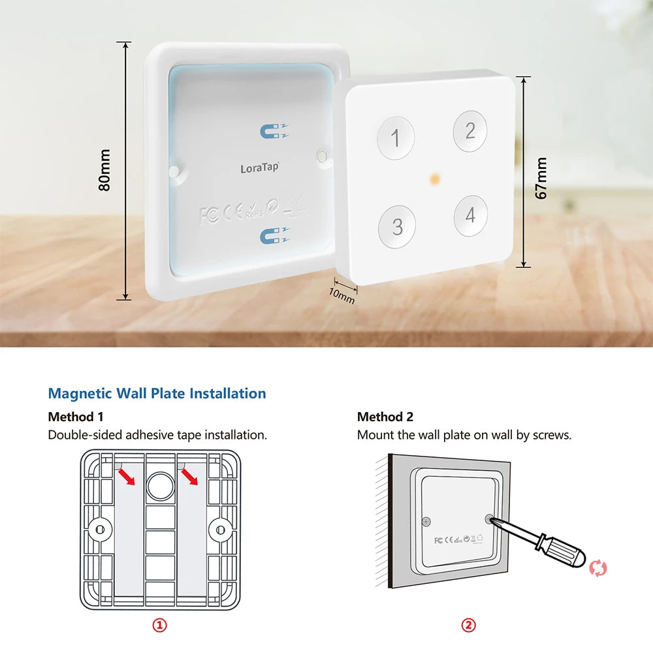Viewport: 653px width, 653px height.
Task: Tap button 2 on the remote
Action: click(470, 131)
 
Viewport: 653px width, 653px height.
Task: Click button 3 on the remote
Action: click(397, 227)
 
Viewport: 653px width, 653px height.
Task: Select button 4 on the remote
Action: click(471, 215)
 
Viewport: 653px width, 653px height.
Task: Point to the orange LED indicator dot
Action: click(434, 177)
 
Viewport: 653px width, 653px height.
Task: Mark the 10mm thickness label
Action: click(341, 295)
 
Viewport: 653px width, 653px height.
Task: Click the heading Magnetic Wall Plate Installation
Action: click(157, 394)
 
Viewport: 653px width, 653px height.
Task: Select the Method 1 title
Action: click(76, 417)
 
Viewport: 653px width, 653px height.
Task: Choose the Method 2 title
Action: click(385, 417)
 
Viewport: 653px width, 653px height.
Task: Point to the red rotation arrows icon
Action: click(598, 567)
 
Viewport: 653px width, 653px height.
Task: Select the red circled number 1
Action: click(160, 626)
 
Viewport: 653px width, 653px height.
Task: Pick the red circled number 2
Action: click(469, 626)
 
